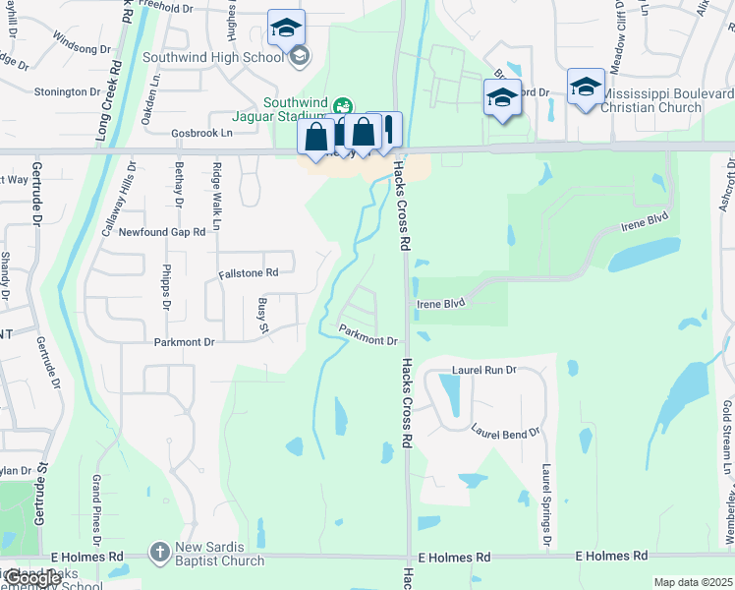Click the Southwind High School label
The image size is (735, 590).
(x=213, y=57)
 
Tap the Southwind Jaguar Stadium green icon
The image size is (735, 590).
(x=343, y=105)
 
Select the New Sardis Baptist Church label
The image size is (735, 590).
(x=220, y=555)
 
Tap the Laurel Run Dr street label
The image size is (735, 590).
(x=484, y=371)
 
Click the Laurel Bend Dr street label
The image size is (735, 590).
(x=505, y=432)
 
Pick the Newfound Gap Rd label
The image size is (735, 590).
(x=162, y=232)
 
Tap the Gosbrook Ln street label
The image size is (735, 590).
(x=201, y=132)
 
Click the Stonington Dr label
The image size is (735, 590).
(x=68, y=91)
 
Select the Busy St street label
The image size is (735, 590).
(x=262, y=316)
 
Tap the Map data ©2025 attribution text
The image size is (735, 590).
(x=693, y=582)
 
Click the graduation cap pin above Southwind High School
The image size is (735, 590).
(x=286, y=28)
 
